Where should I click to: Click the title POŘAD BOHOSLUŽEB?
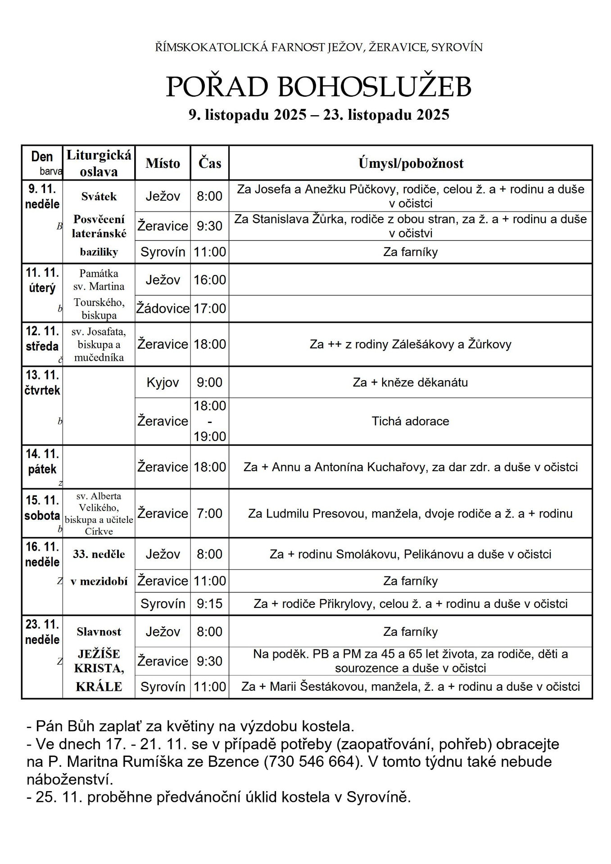[318, 87]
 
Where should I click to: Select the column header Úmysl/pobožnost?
[411, 163]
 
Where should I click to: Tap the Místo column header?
[163, 163]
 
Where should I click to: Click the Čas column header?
[210, 163]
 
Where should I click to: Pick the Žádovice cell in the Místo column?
[163, 308]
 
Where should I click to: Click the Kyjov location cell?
[163, 382]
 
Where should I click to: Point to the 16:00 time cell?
[210, 279]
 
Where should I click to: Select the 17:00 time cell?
[210, 308]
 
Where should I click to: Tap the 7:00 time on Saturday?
[210, 513]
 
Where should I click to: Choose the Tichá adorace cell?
[410, 421]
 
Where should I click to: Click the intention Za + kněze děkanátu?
[410, 382]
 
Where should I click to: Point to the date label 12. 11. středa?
[42, 339]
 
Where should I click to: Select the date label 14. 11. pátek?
[42, 461]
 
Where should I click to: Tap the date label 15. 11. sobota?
[42, 508]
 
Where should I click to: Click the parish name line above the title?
[318, 47]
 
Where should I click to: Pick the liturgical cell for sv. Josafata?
[99, 344]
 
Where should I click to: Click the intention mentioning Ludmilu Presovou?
[410, 513]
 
